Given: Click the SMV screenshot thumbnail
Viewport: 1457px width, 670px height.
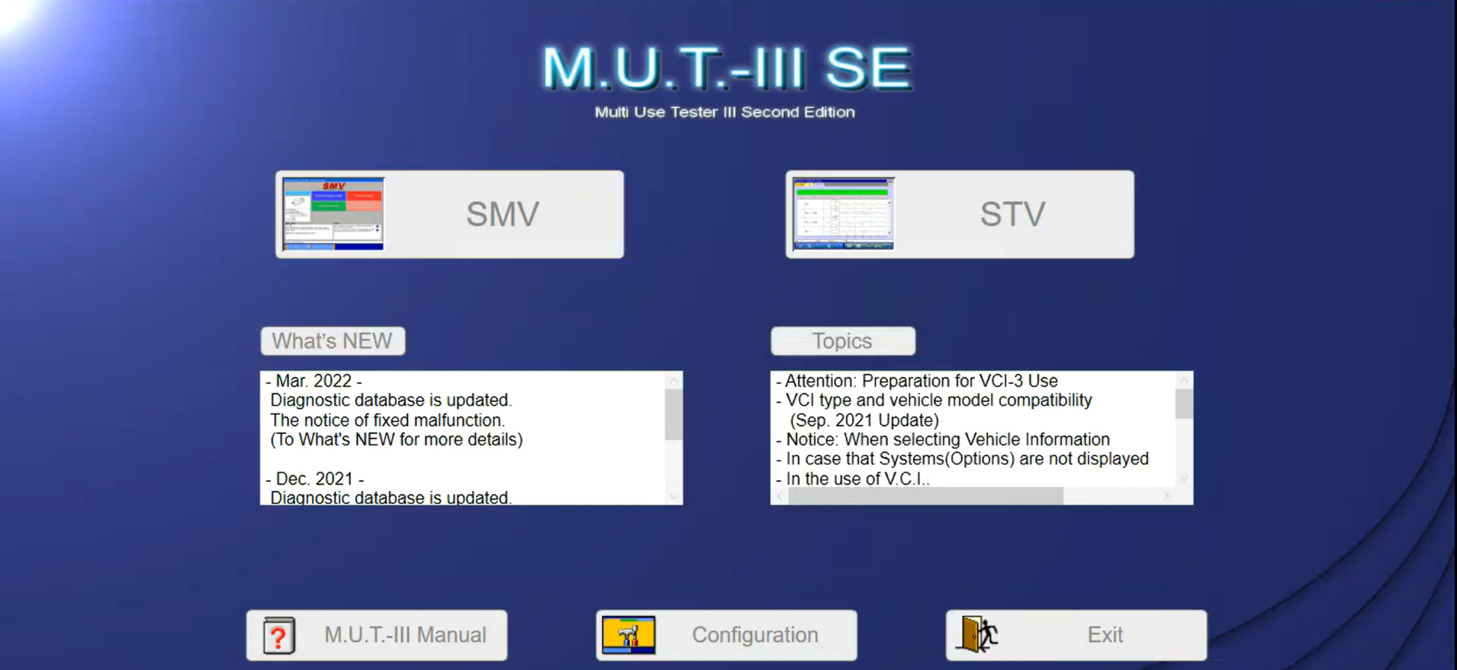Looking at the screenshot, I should [333, 214].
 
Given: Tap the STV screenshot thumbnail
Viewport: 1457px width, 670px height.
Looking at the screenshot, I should [843, 214].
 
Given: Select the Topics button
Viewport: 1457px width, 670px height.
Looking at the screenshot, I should [842, 341].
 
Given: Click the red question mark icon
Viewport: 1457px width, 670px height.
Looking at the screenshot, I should [279, 636].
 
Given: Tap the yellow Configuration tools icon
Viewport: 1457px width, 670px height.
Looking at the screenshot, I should [629, 635].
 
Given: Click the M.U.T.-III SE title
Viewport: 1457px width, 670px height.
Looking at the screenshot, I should [726, 68].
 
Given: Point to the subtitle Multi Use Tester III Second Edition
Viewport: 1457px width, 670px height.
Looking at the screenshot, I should [725, 112].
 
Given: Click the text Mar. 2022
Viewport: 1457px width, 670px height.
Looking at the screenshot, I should [314, 380].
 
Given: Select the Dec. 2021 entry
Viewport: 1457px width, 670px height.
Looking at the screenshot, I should [314, 479].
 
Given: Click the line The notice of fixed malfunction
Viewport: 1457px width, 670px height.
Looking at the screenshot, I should [388, 420].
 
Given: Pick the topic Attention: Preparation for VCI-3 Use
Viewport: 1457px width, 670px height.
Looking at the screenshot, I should [921, 380].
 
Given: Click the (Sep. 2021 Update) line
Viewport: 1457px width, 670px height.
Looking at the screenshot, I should [864, 420].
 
